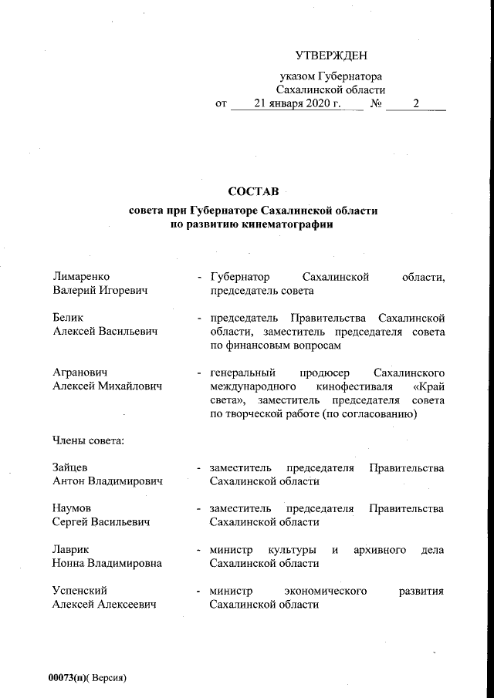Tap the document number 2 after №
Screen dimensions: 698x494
point(415,103)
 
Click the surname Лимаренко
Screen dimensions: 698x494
point(81,276)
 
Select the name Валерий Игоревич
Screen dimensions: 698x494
point(101,291)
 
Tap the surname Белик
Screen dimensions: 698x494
point(68,317)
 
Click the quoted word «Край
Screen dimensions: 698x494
point(428,386)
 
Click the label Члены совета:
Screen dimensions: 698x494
point(88,441)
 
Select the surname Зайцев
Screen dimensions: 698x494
point(69,467)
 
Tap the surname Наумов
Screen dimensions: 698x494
point(72,508)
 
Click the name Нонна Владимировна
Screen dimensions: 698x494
point(107,564)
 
